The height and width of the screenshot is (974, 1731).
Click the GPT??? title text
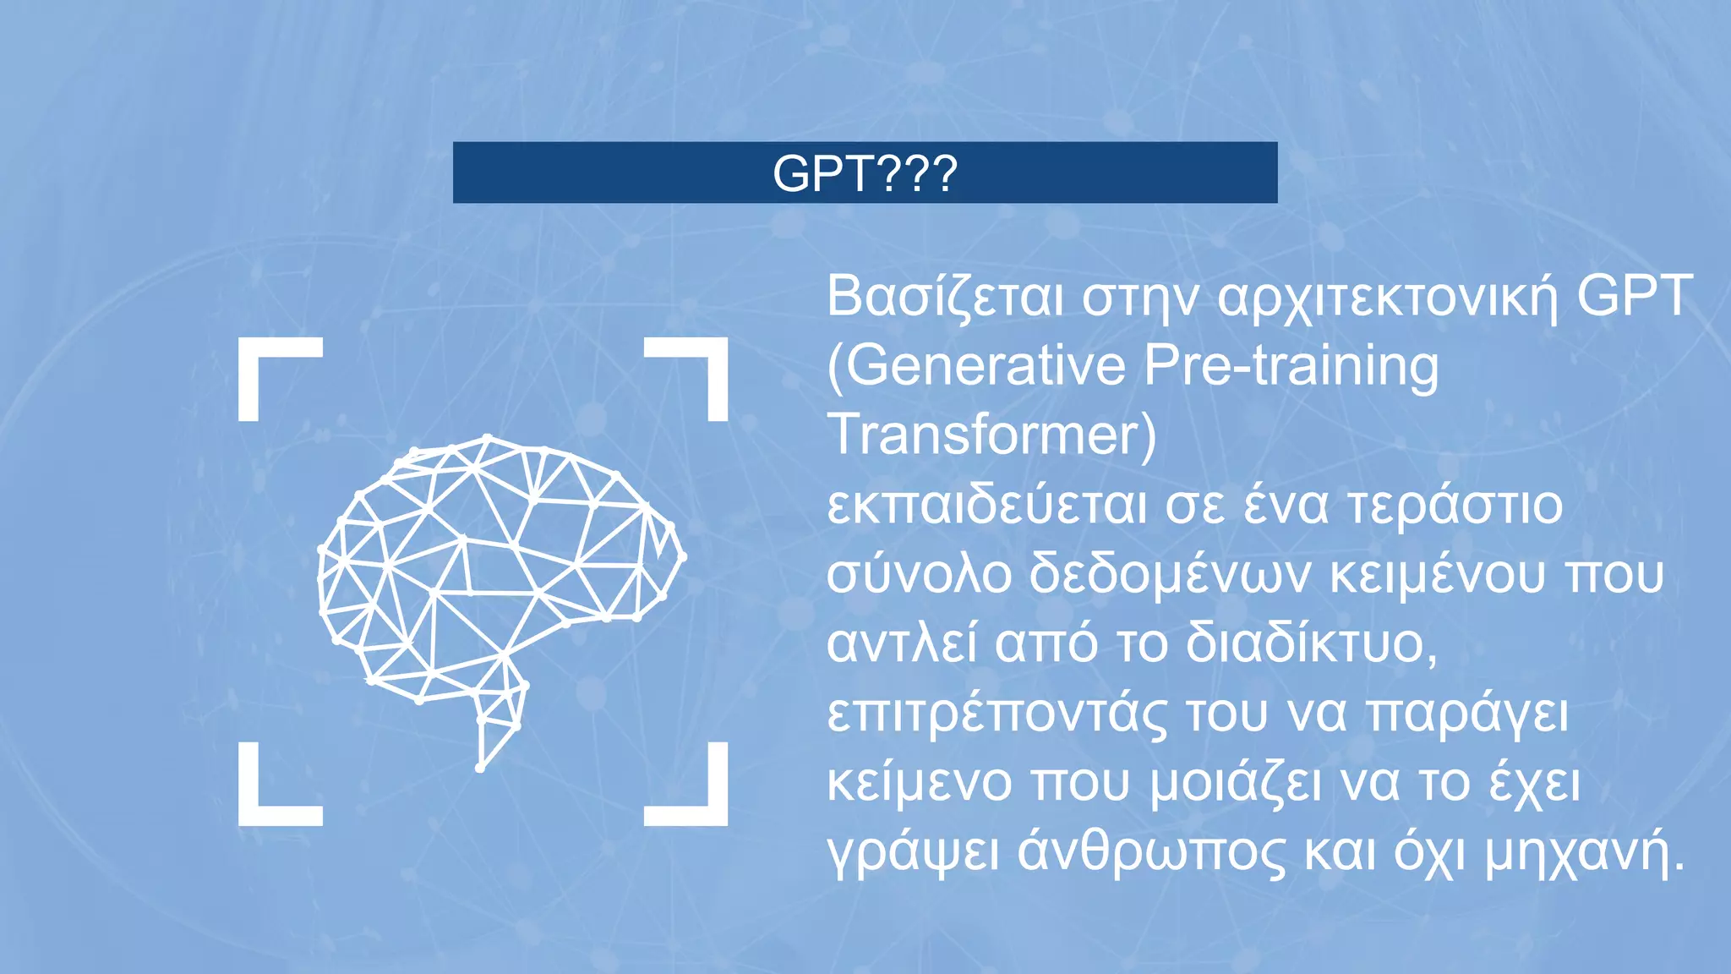pyautogui.click(x=865, y=173)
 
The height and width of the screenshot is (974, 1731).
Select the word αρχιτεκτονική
pyautogui.click(x=1387, y=297)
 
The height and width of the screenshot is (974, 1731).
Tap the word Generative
pyautogui.click(x=986, y=366)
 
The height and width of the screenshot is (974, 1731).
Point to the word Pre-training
pyautogui.click(x=1291, y=366)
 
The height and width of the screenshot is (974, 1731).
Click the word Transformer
pyautogui.click(x=984, y=435)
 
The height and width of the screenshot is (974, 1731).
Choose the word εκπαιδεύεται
pyautogui.click(x=986, y=505)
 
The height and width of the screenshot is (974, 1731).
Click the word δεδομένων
pyautogui.click(x=1170, y=574)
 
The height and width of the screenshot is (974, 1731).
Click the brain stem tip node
pyautogui.click(x=480, y=768)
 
